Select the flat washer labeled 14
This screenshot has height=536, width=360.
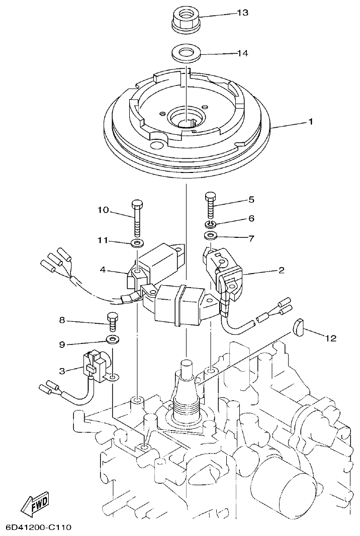point(186,53)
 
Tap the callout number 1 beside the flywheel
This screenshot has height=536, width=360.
point(312,122)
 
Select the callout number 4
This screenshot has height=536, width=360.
point(103,270)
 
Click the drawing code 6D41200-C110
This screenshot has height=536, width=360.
point(39,527)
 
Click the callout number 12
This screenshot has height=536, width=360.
point(330,338)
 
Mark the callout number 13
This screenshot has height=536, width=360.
point(242,13)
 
